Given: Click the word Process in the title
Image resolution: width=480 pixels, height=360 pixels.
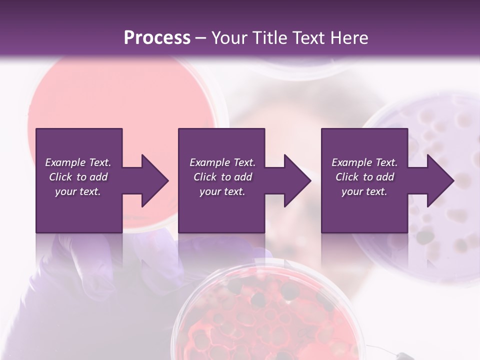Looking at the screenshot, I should pyautogui.click(x=157, y=37).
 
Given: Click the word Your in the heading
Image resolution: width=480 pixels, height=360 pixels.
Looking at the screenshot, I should pyautogui.click(x=230, y=37).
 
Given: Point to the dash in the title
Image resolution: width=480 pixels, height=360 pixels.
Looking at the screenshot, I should pyautogui.click(x=200, y=38).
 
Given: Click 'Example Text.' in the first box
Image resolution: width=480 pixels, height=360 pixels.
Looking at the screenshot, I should pyautogui.click(x=78, y=162).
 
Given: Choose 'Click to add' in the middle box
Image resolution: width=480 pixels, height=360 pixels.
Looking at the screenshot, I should pyautogui.click(x=222, y=177).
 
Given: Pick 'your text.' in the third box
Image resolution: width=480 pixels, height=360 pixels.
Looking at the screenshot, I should pyautogui.click(x=364, y=191).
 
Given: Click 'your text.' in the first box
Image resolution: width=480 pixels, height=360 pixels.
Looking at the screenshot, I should pyautogui.click(x=78, y=191).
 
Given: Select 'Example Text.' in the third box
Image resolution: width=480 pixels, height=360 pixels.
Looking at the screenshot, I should pyautogui.click(x=364, y=162).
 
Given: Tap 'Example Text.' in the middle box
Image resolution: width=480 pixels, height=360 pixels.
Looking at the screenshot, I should pyautogui.click(x=222, y=162).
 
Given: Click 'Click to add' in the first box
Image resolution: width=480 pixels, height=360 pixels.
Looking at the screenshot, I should pyautogui.click(x=78, y=177).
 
